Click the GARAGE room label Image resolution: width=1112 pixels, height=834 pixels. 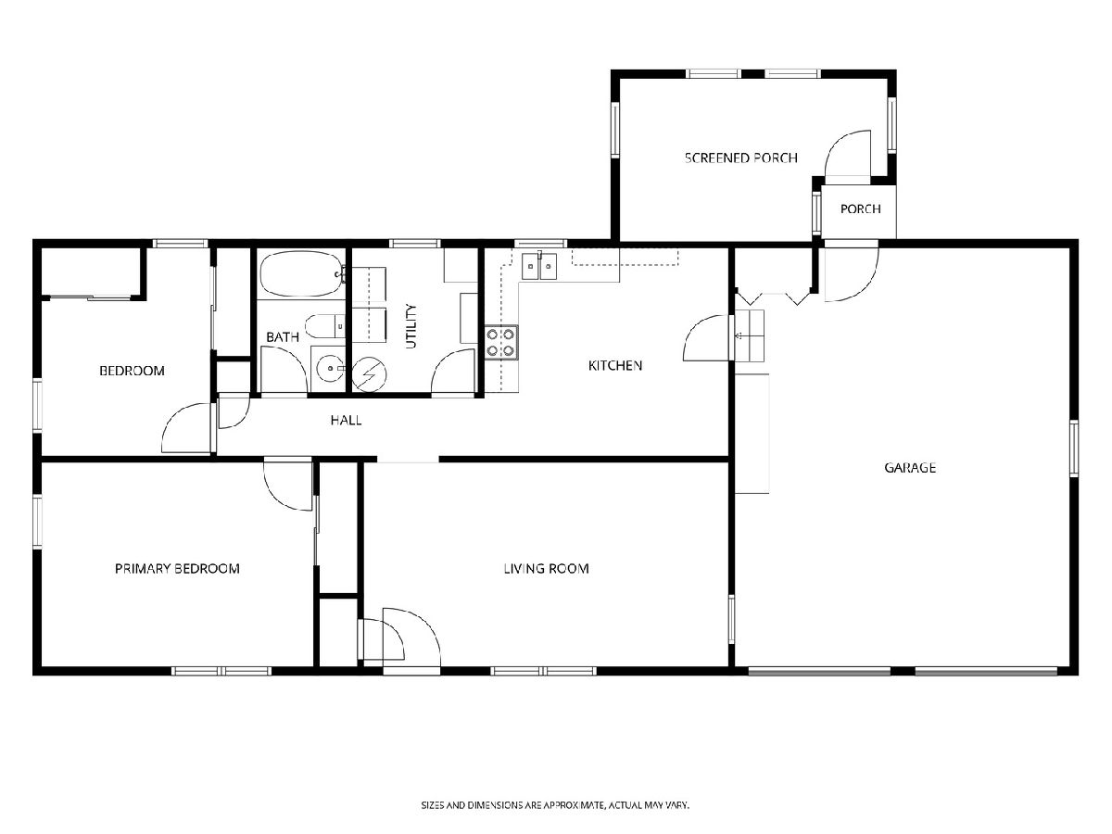[x=910, y=467]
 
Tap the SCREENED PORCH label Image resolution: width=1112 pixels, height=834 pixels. [x=740, y=158]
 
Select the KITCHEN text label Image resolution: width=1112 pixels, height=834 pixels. [x=615, y=365]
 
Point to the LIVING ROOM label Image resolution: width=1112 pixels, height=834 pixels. [x=546, y=568]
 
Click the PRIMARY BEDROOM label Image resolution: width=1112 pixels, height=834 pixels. [x=177, y=568]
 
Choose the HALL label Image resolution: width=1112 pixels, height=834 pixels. [x=346, y=420]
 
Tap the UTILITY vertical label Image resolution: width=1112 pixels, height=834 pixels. [x=411, y=326]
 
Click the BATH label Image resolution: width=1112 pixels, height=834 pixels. [x=283, y=336]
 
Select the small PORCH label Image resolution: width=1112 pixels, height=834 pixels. [x=860, y=208]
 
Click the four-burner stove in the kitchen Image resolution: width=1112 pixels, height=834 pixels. [x=501, y=342]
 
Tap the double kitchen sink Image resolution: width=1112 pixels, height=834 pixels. [x=539, y=265]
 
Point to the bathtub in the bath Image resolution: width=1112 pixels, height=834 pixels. [x=302, y=274]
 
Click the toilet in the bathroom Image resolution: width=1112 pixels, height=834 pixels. [x=324, y=326]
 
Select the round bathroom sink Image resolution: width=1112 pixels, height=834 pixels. [x=330, y=368]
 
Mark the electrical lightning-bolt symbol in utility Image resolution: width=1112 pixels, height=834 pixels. [x=370, y=374]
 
